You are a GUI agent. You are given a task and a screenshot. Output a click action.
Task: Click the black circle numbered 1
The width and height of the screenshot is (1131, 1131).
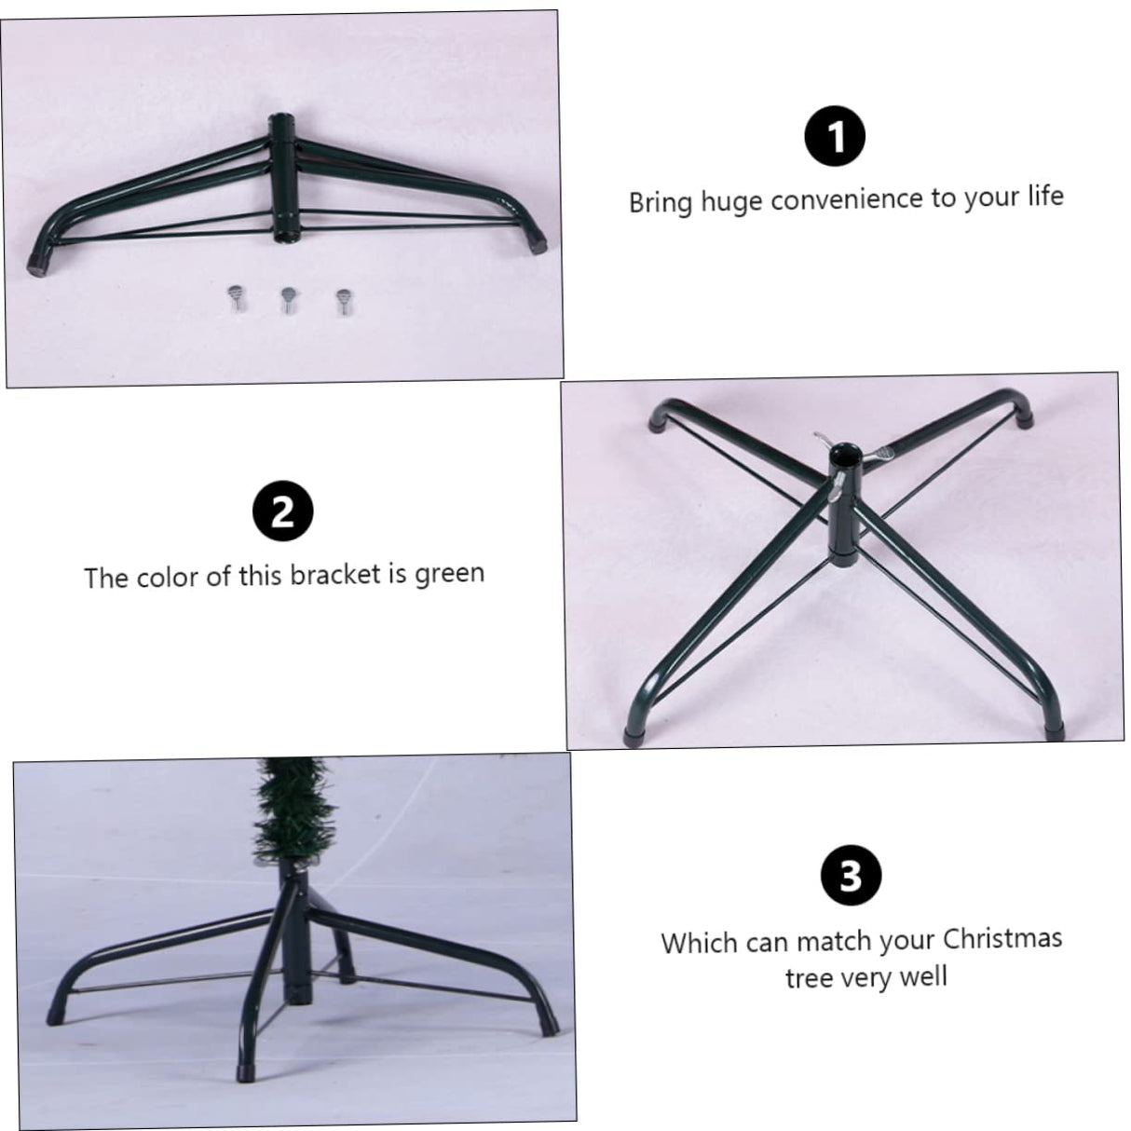point(834,136)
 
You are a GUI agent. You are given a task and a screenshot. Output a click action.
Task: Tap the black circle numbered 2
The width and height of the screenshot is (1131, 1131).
point(283,511)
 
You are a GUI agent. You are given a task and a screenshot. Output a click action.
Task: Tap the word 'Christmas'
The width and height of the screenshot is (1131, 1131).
point(1002,938)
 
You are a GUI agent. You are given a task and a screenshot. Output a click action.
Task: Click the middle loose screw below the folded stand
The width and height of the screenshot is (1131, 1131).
point(288,300)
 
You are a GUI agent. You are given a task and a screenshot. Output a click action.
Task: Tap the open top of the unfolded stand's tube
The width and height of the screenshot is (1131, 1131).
point(844,454)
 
